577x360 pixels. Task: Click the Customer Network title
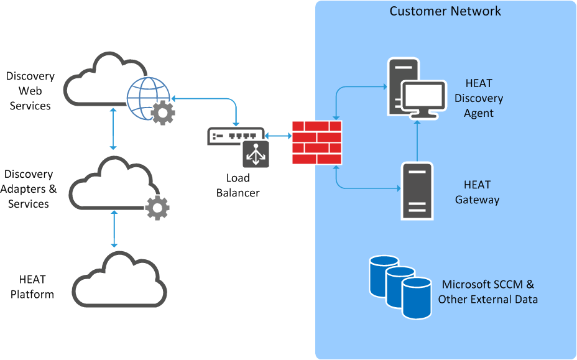point(445,11)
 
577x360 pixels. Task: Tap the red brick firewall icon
point(317,142)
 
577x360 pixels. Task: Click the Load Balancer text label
point(238,185)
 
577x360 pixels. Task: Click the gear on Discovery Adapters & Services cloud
point(157,207)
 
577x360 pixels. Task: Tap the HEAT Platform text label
point(32,287)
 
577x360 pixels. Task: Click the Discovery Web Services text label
point(30,91)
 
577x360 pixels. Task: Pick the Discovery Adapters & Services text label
point(29,189)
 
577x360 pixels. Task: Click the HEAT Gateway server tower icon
point(417,191)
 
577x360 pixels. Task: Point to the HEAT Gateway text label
point(477,192)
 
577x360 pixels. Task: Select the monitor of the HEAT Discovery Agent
point(423,99)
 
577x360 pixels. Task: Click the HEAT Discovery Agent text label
point(478,98)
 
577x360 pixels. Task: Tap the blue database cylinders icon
point(400,285)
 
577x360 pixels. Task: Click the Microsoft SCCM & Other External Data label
point(487,292)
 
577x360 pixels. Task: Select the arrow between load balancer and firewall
point(278,135)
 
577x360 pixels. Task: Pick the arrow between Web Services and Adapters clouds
point(113,128)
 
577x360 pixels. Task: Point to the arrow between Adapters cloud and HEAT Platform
point(114,229)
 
